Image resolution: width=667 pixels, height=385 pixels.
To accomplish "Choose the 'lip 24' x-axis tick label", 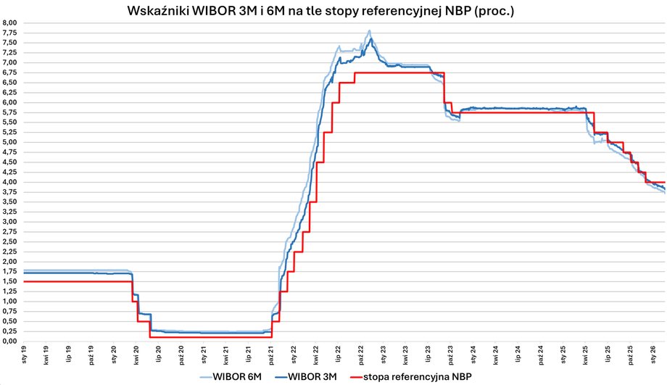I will (x=519, y=354).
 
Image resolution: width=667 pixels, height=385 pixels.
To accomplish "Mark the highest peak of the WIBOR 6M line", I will (x=370, y=31).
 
